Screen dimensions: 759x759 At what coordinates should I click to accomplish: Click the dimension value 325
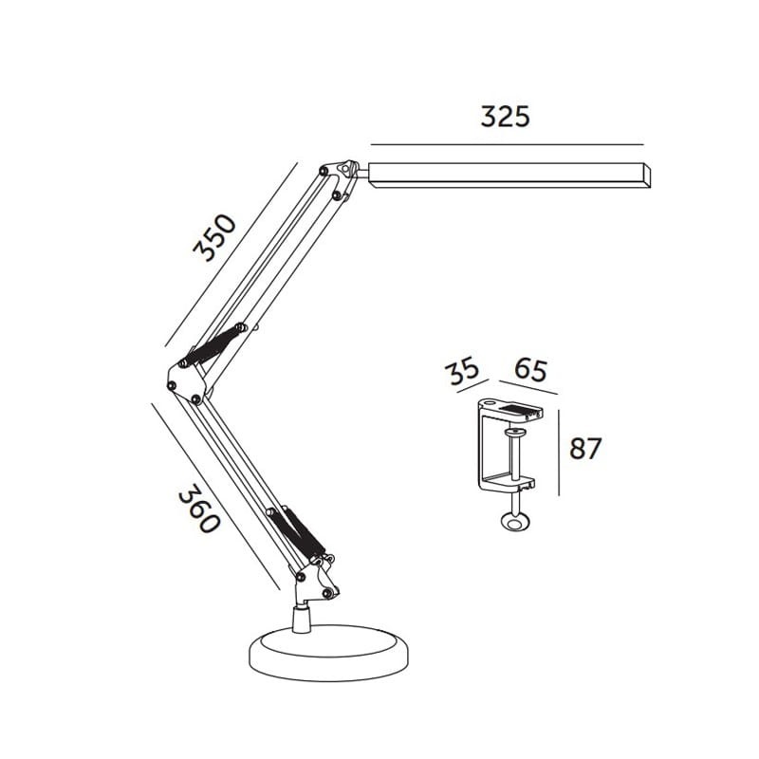pos(504,117)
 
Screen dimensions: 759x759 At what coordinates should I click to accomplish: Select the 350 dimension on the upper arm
pos(213,238)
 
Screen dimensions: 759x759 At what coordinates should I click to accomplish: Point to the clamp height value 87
pos(585,448)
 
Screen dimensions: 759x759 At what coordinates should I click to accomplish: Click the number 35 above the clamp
pos(465,370)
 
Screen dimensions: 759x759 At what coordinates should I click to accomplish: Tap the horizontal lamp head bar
pos(508,175)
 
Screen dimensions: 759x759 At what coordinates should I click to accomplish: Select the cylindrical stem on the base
pos(301,620)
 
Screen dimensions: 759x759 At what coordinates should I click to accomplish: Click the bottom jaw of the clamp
pos(511,483)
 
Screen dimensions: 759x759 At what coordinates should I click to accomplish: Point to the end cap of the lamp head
pos(649,176)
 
